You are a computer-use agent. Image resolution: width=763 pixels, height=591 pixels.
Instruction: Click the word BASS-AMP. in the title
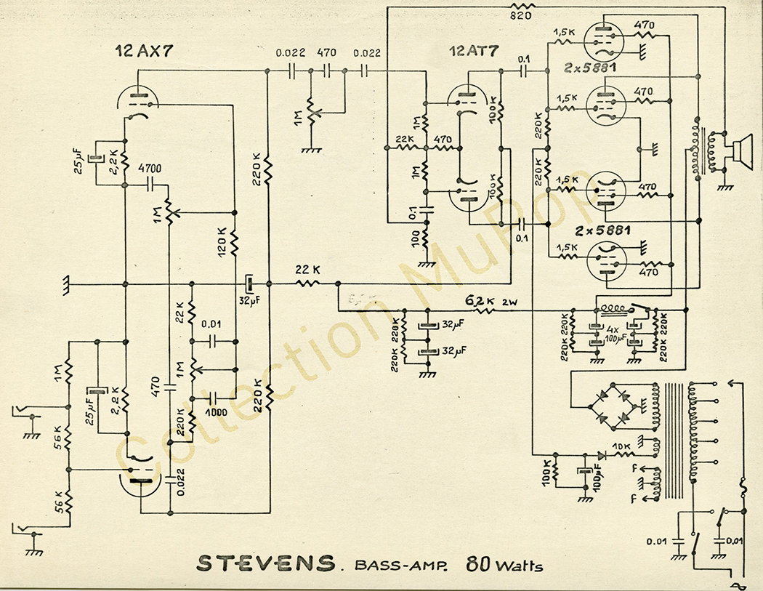398,565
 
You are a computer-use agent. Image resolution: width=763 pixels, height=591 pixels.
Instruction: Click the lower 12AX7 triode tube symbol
139,477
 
